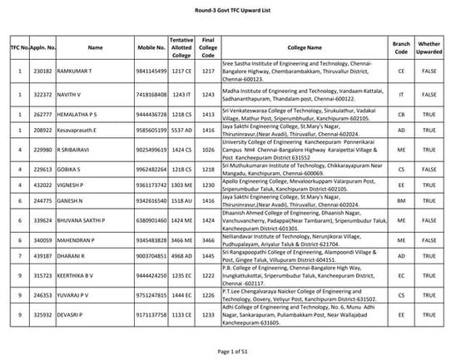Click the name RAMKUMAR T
(x=82, y=73)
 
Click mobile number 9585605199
(x=156, y=132)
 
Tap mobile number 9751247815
(x=156, y=294)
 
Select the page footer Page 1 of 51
(x=233, y=353)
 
